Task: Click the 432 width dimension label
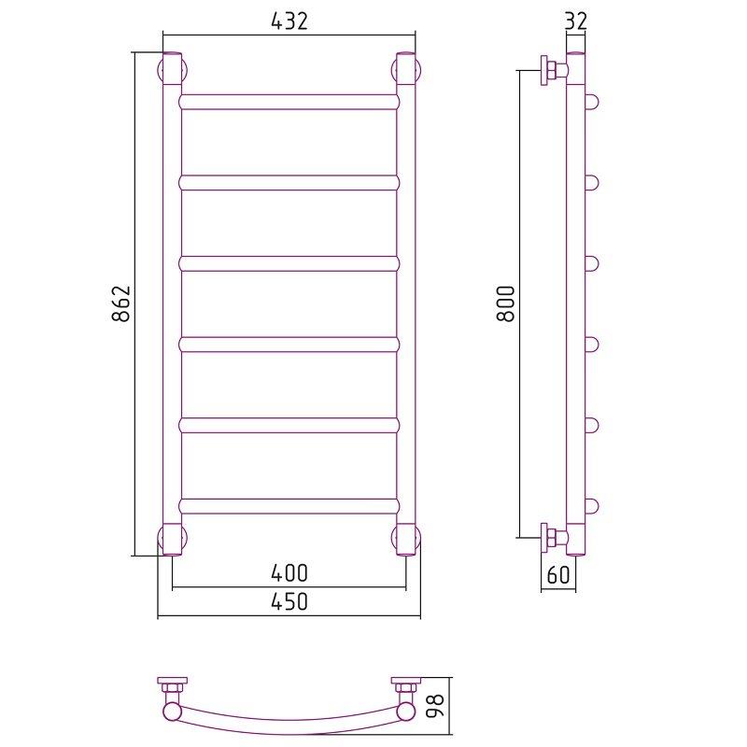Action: [x=289, y=21]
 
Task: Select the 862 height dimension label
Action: [x=121, y=303]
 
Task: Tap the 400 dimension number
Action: [x=289, y=572]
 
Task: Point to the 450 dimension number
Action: [x=289, y=601]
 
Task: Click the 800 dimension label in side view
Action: [x=505, y=303]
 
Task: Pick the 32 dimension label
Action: [x=576, y=21]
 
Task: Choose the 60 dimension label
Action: [x=558, y=574]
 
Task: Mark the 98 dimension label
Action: [x=434, y=706]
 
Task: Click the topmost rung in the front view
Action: [x=289, y=102]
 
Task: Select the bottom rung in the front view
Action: [x=289, y=506]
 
